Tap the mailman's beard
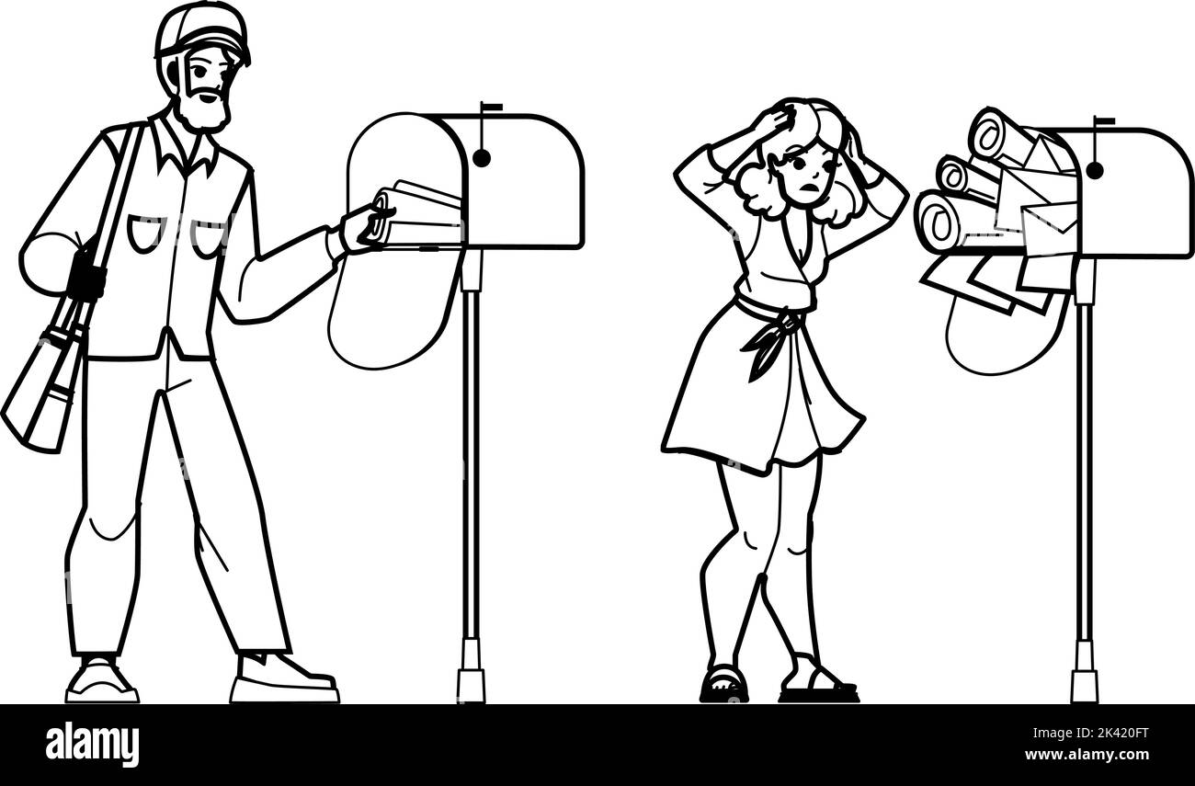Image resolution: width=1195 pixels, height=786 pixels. (x=204, y=112)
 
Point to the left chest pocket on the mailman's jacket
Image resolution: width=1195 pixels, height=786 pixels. (x=145, y=234)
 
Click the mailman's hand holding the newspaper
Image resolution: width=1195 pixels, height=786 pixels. (x=363, y=227)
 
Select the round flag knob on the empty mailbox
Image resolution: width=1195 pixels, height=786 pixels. (x=482, y=158)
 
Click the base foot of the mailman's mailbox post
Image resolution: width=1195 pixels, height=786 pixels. (x=471, y=671)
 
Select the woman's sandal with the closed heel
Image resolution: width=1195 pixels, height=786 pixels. (x=724, y=685)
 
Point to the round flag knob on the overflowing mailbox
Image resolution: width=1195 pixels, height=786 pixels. (x=1095, y=171)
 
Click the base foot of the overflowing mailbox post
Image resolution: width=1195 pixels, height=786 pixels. (x=1085, y=672)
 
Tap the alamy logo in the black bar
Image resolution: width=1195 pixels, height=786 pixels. (x=92, y=746)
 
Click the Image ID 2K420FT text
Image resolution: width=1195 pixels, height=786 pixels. (x=1090, y=733)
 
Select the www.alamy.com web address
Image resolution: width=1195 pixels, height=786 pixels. (x=1087, y=755)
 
